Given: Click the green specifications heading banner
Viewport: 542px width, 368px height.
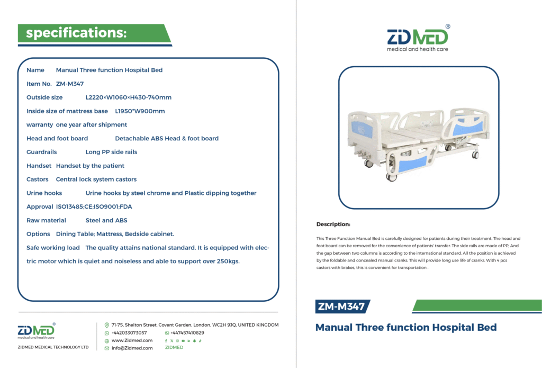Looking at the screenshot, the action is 94,33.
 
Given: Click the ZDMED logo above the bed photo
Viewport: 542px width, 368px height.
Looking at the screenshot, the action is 418,38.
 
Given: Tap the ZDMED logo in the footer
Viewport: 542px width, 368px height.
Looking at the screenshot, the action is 37,331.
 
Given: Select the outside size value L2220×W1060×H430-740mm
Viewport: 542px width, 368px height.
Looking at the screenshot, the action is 129,97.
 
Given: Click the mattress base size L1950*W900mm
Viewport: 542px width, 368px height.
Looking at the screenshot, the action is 140,111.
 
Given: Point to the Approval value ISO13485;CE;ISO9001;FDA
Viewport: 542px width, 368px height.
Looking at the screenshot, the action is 94,207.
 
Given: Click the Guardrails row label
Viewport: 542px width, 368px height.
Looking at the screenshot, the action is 41,152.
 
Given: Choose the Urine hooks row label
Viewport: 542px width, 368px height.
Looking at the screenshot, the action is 44,193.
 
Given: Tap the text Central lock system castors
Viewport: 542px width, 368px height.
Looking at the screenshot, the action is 96,179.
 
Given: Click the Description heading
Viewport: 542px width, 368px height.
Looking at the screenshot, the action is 333,224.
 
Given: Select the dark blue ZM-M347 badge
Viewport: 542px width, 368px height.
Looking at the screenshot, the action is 342,307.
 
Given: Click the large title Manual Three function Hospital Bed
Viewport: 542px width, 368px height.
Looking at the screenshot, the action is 406,328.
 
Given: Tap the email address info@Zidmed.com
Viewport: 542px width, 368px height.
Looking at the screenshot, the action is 132,348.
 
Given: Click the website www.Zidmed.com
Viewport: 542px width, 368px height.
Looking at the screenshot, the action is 132,340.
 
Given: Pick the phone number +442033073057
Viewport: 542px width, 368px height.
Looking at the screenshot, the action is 129,333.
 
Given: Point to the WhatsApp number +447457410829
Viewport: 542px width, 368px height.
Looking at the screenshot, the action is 187,333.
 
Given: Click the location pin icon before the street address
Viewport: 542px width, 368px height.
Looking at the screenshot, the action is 107,325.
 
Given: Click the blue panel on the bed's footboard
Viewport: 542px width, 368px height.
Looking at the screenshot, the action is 412,164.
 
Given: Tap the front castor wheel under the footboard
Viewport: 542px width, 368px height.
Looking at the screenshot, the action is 391,177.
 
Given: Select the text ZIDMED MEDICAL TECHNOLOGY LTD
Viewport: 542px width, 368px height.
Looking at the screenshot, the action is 53,347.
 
